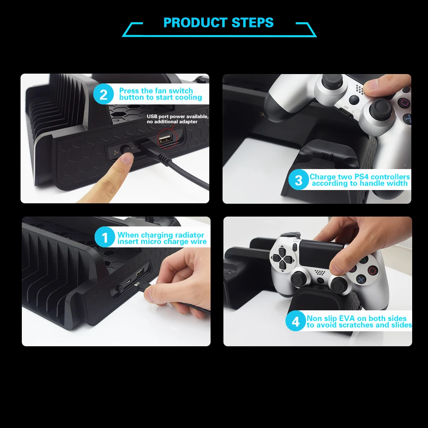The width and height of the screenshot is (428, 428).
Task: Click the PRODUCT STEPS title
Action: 218,22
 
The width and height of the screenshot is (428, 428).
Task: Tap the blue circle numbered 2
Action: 104,94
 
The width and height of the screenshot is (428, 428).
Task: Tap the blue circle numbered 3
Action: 298,180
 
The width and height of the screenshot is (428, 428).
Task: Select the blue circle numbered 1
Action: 105,238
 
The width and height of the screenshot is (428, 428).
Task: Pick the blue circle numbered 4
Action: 296,321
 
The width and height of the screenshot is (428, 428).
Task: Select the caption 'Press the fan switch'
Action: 156,91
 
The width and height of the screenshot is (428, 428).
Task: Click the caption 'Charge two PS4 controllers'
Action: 360,177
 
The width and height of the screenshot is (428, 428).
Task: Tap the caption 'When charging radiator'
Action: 161,235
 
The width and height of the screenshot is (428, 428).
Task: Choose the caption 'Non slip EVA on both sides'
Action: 357,318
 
